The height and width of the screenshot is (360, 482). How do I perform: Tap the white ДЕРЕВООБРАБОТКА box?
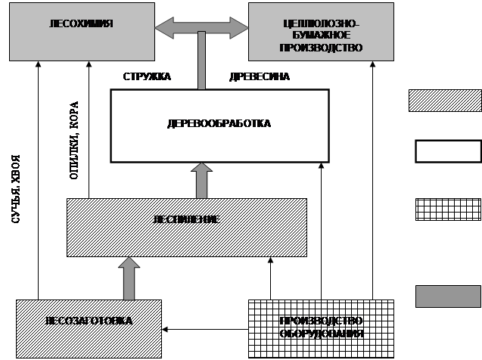click(219, 125)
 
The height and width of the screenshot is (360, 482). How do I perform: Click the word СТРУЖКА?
click(147, 76)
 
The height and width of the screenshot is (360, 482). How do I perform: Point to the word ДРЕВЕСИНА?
click(259, 76)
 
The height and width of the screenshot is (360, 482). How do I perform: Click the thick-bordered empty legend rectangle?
click(446, 151)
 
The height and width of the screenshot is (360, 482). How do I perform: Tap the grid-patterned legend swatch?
click(446, 209)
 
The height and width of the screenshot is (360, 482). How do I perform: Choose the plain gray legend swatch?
click(446, 296)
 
